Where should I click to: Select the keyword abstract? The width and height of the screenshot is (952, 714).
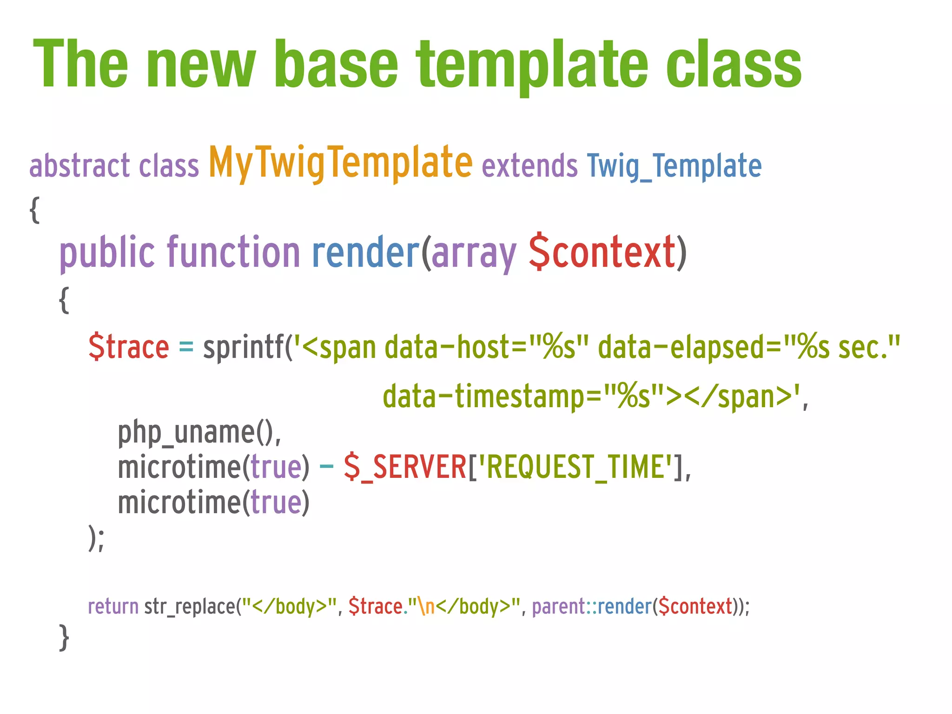coord(79,166)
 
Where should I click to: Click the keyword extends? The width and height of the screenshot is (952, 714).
coord(529,166)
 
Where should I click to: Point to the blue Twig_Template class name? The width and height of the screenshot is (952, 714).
coord(674,166)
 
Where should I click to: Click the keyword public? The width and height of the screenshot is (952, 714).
coord(107,253)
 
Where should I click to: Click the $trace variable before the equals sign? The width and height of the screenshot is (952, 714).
coord(129,348)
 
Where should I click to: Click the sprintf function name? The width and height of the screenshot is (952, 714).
coord(243,348)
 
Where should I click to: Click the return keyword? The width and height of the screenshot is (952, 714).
coord(113,607)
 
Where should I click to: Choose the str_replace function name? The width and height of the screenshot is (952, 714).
coord(190,607)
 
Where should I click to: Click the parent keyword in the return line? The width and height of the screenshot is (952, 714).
coord(558,607)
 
